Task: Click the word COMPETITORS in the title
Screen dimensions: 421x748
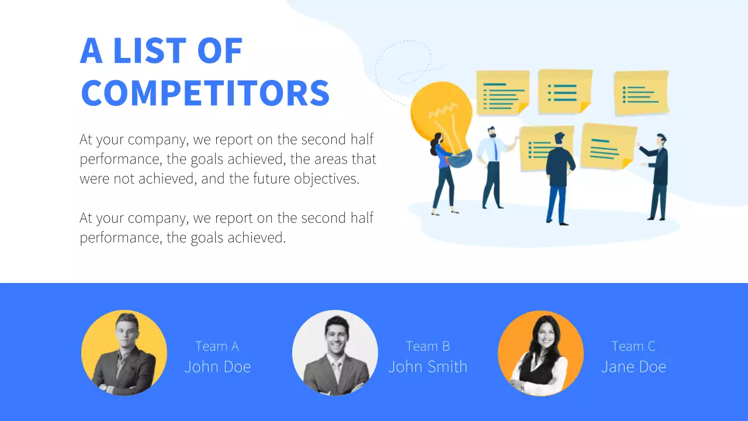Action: coord(205,92)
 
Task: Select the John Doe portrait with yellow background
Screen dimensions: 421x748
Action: coord(124,353)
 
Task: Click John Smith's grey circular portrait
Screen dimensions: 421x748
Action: coord(335,353)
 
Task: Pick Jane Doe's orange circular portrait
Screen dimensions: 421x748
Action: coord(541,353)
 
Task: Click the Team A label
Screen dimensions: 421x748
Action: coord(217,346)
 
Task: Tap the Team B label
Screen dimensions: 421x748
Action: coord(428,346)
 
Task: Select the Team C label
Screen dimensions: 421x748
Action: coord(633,346)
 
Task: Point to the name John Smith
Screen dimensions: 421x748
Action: coord(428,367)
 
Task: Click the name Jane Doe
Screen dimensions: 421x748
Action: coord(633,367)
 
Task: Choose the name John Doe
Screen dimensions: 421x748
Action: coord(217,367)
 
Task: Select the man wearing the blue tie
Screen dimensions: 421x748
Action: coord(492,167)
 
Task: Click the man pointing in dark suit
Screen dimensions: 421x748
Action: coord(657,175)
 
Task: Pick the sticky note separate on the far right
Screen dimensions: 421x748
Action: coord(641,92)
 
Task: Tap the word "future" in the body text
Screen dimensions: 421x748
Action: coord(271,178)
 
